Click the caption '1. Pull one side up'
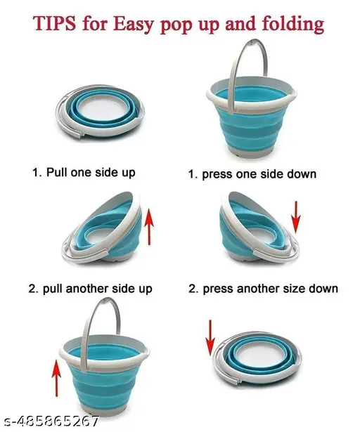[84, 172]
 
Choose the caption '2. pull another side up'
[90, 289]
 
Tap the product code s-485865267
[51, 422]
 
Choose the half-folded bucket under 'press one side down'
[255, 228]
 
